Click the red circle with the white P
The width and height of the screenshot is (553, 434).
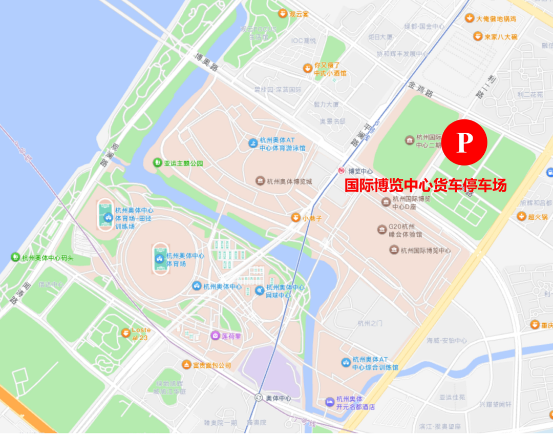464,143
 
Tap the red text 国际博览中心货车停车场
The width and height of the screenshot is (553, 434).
426,185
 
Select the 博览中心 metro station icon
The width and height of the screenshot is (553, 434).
341,171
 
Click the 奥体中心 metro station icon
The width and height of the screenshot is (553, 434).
259,398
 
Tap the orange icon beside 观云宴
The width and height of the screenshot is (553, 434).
282,14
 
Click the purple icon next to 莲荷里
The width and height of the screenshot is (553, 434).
216,336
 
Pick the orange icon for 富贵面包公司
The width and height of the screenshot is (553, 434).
187,365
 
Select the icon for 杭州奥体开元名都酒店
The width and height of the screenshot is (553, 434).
330,401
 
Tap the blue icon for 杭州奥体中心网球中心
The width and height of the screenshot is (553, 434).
260,291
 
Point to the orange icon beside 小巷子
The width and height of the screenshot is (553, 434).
295,218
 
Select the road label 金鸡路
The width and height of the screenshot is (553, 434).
421,91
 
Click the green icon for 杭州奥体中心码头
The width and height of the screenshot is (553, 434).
16,257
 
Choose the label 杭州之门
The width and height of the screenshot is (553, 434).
370,323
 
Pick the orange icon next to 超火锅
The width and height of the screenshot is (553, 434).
521,216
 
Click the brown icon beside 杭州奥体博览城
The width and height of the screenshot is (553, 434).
260,181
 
